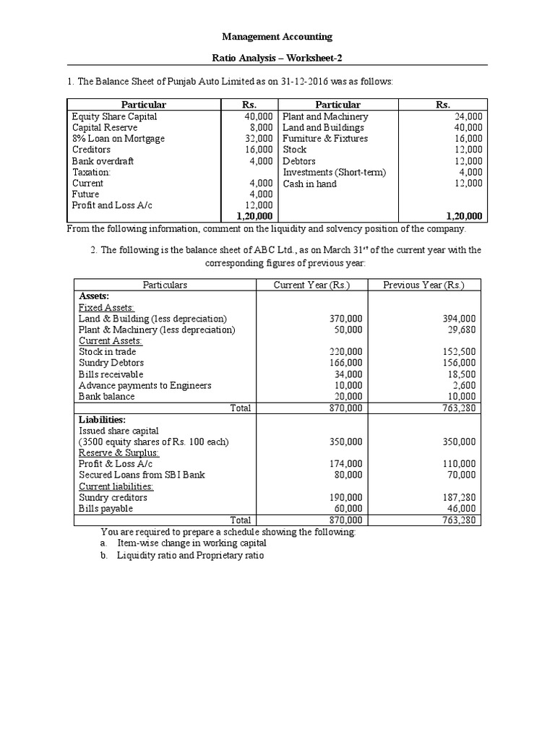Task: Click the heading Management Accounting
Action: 277,36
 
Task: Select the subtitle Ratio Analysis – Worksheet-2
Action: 277,59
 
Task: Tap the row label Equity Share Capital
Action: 114,116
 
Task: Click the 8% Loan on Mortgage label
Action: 119,139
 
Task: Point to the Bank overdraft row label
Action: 103,161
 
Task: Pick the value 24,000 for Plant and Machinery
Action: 469,116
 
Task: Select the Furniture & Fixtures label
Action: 325,139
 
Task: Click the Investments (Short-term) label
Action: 335,172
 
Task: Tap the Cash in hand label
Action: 309,184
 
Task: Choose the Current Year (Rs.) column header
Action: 311,285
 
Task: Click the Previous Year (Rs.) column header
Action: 423,285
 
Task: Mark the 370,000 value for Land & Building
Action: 345,319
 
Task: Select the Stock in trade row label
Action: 108,352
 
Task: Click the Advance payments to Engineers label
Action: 145,385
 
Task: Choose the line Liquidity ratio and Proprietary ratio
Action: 191,556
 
